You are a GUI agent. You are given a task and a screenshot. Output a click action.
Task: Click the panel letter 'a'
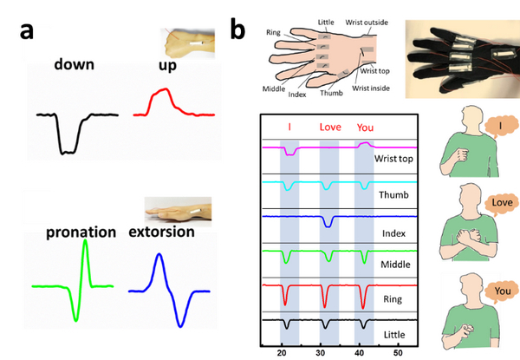coord(27,32)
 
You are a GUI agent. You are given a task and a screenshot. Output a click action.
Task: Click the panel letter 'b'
coord(237,29)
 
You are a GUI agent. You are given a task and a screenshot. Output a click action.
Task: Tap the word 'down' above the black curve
coord(75,64)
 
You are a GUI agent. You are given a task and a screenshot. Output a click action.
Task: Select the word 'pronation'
coord(81,232)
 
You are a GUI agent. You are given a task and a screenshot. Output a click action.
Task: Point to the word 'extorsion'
coord(161,232)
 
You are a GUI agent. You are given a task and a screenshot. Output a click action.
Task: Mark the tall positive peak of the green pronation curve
coord(86,240)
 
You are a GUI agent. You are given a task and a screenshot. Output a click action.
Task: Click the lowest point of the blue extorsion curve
coord(180,326)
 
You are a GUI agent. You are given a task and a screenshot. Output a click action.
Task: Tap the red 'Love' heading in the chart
coord(330,127)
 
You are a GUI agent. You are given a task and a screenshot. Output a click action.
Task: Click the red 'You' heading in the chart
coord(365,128)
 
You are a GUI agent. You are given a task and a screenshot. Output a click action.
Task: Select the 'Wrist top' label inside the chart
coord(393,159)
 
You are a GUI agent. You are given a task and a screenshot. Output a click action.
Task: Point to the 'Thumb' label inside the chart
coord(393,194)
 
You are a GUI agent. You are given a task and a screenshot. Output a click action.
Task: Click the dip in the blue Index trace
coord(328,226)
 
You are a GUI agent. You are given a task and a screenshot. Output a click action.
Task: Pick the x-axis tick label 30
coord(321,353)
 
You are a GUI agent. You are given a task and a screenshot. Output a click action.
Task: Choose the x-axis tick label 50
coord(398,353)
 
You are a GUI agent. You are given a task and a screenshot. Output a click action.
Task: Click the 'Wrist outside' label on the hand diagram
coord(367,23)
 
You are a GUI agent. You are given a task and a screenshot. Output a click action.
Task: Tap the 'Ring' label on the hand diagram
coord(273,32)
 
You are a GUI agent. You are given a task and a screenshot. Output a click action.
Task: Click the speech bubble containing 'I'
coord(501,126)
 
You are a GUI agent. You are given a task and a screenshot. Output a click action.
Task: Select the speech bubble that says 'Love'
coord(502,202)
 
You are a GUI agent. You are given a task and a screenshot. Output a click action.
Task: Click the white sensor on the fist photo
coord(197,43)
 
